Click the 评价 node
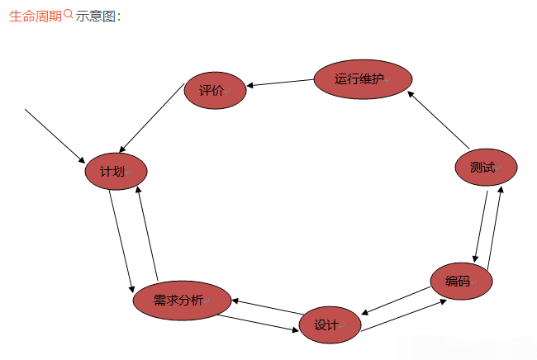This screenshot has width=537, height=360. [215, 90]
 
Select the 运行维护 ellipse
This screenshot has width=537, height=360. [363, 79]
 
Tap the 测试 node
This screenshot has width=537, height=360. [486, 168]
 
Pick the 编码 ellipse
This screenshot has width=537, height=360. [461, 281]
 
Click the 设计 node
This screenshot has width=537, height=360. [330, 325]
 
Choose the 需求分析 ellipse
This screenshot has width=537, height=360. [182, 301]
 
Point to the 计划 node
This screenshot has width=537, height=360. [116, 172]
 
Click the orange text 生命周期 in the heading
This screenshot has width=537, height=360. [36, 16]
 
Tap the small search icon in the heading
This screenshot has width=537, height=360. [69, 14]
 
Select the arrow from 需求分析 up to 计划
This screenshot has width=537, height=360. [148, 234]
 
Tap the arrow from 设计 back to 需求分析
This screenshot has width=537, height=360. [264, 306]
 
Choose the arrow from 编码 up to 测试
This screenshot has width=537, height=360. [496, 228]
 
